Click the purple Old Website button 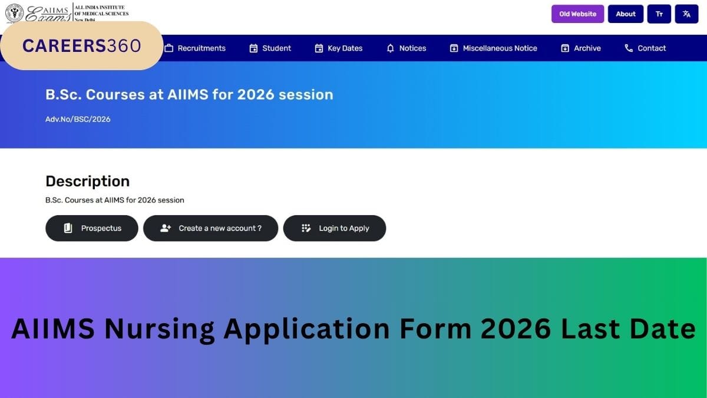[577, 14]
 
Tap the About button [626, 14]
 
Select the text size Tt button [659, 14]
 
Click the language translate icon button [686, 14]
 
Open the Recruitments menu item [195, 48]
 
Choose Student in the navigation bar [270, 48]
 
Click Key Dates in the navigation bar [339, 48]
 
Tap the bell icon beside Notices [391, 48]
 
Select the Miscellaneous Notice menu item [493, 48]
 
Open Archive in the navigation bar [581, 48]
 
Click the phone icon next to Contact [629, 48]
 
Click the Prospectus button [92, 228]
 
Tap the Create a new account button [210, 228]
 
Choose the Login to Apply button [335, 228]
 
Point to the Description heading [87, 182]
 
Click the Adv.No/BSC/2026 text [78, 119]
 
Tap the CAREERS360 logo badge [82, 46]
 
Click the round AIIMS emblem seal [14, 13]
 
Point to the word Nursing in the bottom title [160, 329]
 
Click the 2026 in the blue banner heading [256, 95]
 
